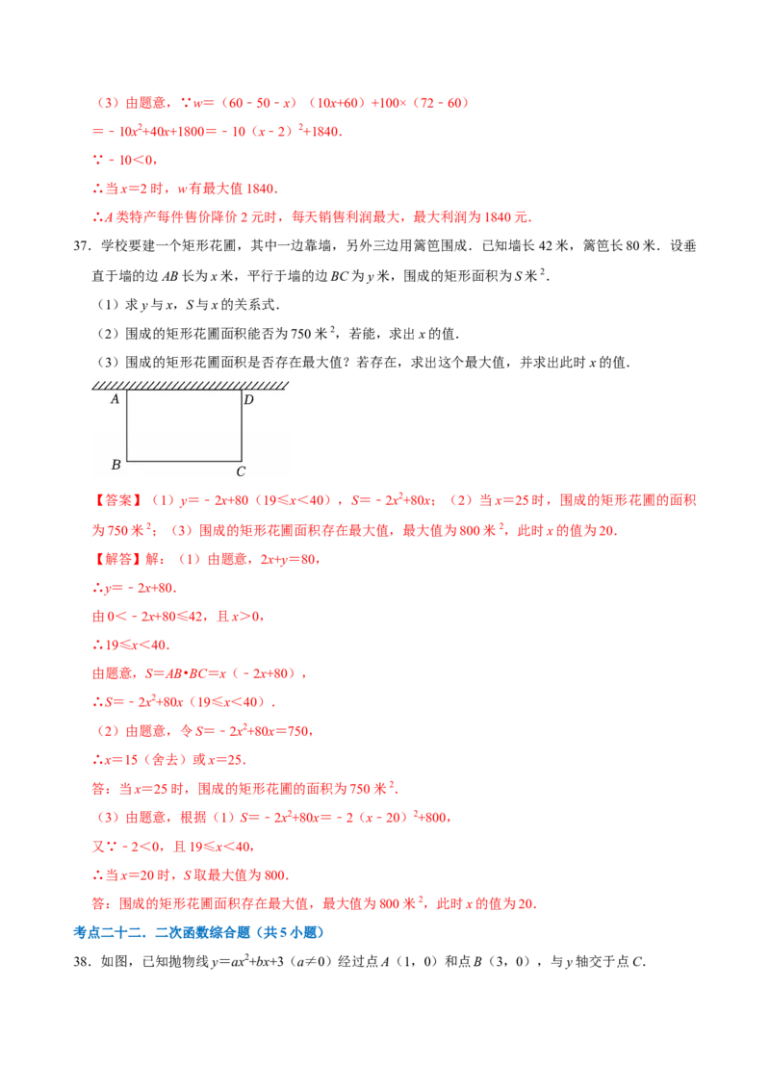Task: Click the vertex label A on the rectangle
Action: pos(115,399)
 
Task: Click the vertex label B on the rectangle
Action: pos(116,464)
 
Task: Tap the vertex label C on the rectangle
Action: pos(241,471)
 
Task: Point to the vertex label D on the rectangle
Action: pos(248,399)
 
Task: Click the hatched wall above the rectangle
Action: pos(190,386)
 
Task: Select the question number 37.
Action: pos(81,246)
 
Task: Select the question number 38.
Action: pos(81,961)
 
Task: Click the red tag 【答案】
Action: pos(118,501)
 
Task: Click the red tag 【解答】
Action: pos(118,559)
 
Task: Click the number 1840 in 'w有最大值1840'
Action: pos(263,189)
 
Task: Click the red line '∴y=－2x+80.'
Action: pos(134,588)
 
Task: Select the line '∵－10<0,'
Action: pos(125,161)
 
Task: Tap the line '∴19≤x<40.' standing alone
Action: pos(131,646)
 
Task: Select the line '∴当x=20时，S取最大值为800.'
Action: pos(191,875)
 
